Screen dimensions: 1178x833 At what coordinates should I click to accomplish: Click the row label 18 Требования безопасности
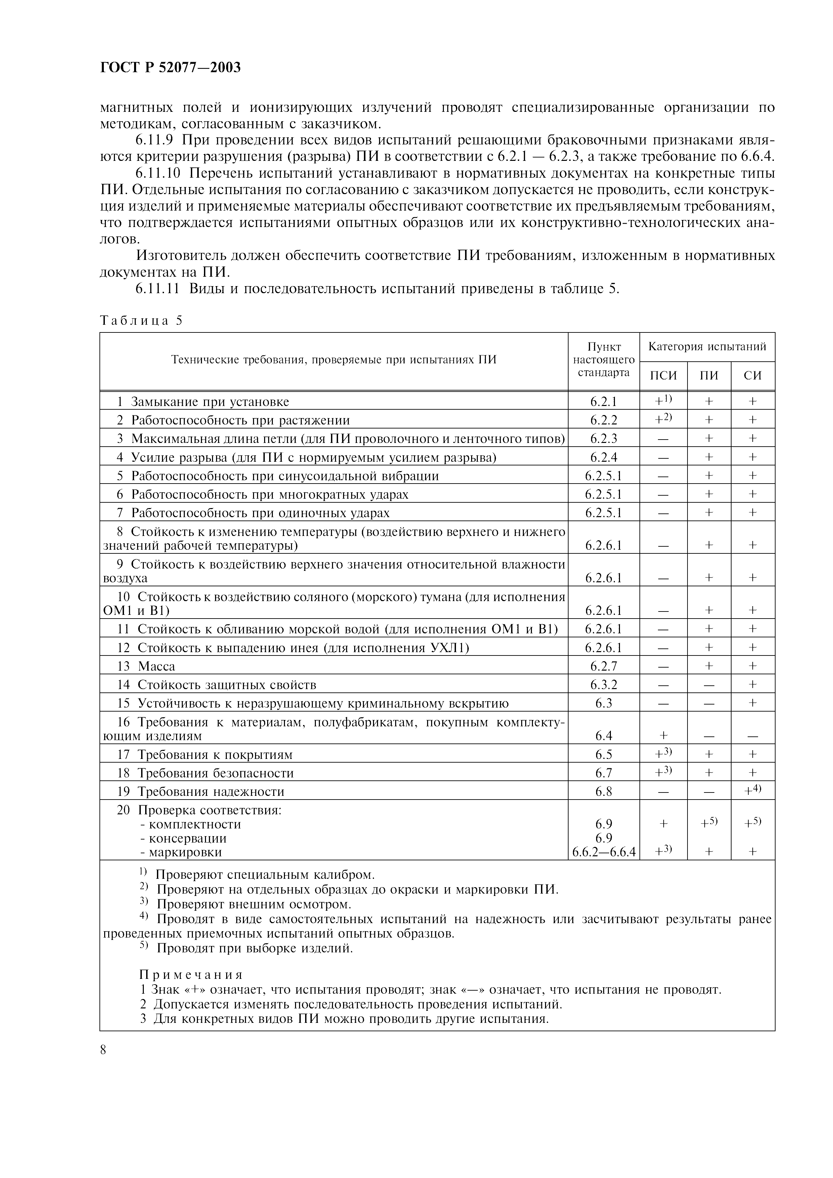point(205,773)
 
